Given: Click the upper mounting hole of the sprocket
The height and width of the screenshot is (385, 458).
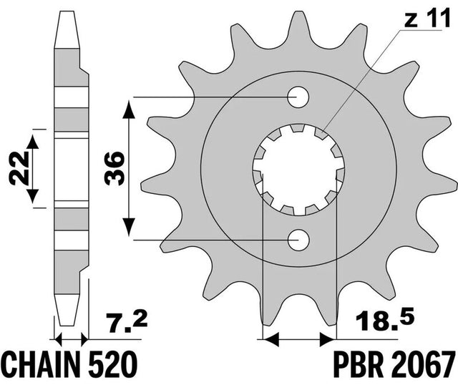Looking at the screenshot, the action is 298,97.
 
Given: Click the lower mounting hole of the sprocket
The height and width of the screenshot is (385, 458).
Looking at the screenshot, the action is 298,240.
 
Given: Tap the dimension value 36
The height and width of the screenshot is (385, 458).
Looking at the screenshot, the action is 114,169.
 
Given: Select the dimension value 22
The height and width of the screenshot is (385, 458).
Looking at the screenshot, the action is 18,169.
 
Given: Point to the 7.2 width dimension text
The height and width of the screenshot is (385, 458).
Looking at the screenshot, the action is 126,323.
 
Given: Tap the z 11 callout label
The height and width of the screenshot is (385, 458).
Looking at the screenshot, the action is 428,19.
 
